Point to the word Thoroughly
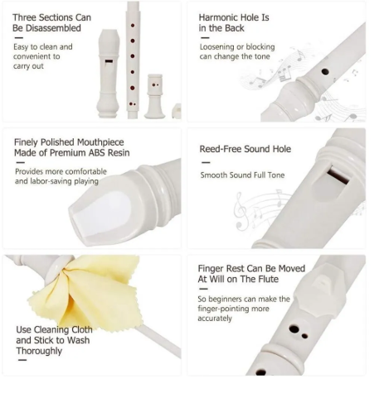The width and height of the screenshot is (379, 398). tap(39, 351)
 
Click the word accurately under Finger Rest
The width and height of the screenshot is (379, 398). tap(215, 319)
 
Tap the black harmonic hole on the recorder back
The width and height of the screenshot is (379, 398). tap(325, 72)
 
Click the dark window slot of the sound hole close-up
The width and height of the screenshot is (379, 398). tap(338, 176)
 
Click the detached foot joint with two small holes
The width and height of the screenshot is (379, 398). tap(155, 96)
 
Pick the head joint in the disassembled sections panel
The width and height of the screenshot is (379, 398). tap(108, 74)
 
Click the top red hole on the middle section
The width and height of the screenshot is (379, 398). tap(133, 26)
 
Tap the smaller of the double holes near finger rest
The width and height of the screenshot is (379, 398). tap(304, 336)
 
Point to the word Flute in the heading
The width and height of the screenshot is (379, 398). tap(268, 279)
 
